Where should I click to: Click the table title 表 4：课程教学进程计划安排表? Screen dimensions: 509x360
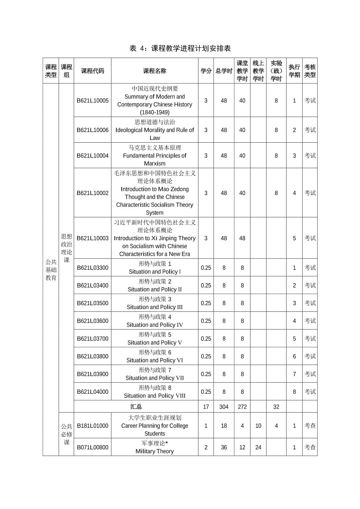pyautogui.click(x=180, y=49)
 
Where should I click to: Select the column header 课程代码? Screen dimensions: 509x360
pyautogui.click(x=93, y=71)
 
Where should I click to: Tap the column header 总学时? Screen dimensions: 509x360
pyautogui.click(x=224, y=71)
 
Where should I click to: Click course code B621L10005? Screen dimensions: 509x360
pyautogui.click(x=93, y=100)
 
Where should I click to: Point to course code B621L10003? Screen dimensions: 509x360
pyautogui.click(x=93, y=238)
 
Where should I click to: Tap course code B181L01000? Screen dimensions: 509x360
pyautogui.click(x=93, y=426)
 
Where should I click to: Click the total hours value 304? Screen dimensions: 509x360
pyautogui.click(x=224, y=407)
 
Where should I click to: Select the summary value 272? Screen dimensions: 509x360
pyautogui.click(x=242, y=407)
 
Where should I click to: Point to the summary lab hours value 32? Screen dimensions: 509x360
pyautogui.click(x=276, y=407)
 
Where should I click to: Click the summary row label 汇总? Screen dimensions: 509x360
pyautogui.click(x=136, y=407)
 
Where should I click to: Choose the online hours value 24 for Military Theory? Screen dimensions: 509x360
pyautogui.click(x=258, y=447)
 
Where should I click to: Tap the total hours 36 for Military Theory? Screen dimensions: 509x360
pyautogui.click(x=224, y=447)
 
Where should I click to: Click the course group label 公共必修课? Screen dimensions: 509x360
pyautogui.click(x=66, y=434)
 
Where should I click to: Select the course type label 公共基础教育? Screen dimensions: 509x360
pyautogui.click(x=51, y=270)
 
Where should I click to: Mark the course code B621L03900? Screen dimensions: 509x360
pyautogui.click(x=93, y=374)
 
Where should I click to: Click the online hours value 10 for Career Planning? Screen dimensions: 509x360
pyautogui.click(x=258, y=426)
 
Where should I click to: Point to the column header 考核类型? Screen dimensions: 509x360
pyautogui.click(x=310, y=71)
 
